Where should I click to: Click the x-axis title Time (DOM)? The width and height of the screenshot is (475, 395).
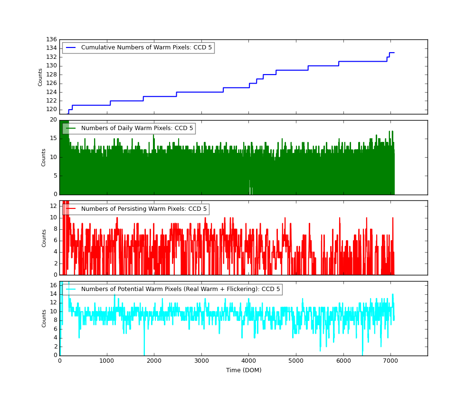coord(243,370)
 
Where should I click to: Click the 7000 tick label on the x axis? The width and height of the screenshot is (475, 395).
coord(390,360)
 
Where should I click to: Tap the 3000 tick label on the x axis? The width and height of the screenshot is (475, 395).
coord(201,360)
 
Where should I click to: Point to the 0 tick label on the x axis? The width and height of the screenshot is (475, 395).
coord(59,360)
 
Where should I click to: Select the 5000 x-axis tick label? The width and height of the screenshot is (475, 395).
coord(296,360)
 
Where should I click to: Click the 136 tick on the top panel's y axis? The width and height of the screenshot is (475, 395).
coord(51,39)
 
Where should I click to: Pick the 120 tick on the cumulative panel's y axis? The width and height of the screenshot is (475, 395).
coord(51,109)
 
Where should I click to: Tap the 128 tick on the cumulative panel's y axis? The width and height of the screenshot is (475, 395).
coord(51,75)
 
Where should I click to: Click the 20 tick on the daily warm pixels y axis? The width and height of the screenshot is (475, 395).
coord(54,120)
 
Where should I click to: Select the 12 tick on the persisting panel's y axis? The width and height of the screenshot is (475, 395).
coord(54,206)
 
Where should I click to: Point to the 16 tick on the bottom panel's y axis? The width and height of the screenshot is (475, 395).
coord(54,285)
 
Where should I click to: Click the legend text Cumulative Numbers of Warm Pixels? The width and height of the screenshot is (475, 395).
coord(146,47)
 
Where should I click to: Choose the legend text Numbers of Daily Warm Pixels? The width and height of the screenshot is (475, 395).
coord(137,128)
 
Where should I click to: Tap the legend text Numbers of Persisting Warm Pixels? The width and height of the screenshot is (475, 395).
coord(144,209)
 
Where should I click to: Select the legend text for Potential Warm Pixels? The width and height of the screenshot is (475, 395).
coord(180,289)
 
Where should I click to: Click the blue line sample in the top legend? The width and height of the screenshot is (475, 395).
coord(71,47)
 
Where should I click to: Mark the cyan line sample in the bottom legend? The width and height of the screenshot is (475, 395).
coord(71,289)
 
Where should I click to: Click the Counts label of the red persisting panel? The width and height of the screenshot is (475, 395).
coord(44,238)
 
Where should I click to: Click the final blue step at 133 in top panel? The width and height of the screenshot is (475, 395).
coord(392,53)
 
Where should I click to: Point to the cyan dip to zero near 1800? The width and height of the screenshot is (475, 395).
coord(144,354)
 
